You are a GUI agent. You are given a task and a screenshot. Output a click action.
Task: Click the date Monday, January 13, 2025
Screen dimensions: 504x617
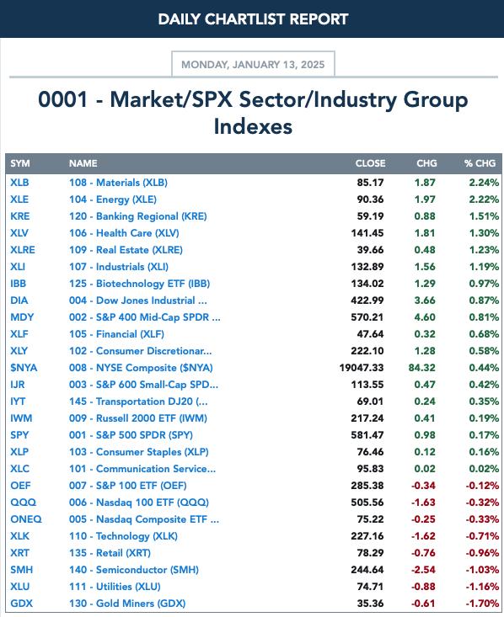(x=253, y=65)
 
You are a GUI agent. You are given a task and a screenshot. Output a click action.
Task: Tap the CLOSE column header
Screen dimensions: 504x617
(x=370, y=163)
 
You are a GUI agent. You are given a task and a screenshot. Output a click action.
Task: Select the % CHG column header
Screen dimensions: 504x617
(x=480, y=163)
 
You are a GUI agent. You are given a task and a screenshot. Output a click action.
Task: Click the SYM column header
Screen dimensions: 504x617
(x=20, y=163)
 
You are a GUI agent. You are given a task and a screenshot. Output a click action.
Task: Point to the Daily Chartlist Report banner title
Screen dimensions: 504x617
(x=253, y=19)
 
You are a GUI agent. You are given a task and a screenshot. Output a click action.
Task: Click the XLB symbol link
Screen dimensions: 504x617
(x=19, y=183)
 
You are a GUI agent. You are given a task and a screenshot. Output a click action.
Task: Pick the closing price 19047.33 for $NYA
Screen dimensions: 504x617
(x=362, y=368)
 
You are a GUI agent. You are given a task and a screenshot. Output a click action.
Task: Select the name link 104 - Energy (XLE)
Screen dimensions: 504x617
(x=113, y=199)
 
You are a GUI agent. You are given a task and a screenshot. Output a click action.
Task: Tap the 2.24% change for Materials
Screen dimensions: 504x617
(x=484, y=183)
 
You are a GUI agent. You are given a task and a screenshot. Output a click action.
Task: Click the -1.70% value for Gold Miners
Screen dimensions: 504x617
(x=482, y=604)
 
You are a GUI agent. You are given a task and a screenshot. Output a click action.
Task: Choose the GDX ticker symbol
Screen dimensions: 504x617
(x=21, y=604)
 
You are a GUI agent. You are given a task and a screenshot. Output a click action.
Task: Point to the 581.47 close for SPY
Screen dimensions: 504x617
(x=367, y=435)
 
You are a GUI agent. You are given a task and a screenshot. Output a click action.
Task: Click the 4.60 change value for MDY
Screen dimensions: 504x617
(x=425, y=317)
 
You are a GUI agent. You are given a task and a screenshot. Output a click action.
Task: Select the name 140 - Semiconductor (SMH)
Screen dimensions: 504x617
(x=134, y=570)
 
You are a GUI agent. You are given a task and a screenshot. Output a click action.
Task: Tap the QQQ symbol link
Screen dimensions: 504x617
(x=24, y=503)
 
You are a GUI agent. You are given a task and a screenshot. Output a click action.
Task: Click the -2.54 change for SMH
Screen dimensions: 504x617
(x=424, y=570)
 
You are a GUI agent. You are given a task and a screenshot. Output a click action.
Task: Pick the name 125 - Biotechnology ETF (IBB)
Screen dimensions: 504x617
(x=140, y=284)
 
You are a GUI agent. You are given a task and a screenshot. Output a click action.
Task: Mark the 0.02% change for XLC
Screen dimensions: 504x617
(x=484, y=469)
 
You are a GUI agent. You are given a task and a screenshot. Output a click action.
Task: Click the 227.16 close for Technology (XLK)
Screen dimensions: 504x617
(x=367, y=536)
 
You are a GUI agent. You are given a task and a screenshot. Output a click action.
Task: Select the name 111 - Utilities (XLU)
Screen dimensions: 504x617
(x=115, y=587)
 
